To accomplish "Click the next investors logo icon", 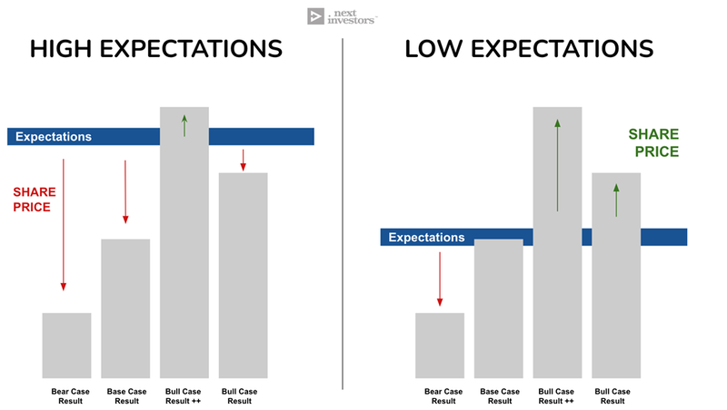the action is click(315, 16).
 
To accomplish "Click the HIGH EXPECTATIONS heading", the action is click(156, 49).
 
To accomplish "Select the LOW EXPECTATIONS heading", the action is click(529, 49).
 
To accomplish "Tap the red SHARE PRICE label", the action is click(35, 200).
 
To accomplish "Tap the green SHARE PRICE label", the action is click(653, 142).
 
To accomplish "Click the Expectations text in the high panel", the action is click(54, 136).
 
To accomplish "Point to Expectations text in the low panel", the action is click(426, 238).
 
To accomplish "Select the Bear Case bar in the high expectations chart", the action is click(66, 346).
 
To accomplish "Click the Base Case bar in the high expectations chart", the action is click(125, 308).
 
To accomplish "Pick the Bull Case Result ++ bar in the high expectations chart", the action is click(184, 242).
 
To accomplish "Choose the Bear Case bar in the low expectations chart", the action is click(440, 346).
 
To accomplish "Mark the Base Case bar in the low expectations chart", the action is click(498, 308).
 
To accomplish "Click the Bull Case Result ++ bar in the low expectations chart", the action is click(557, 242).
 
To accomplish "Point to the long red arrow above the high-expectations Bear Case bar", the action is click(64, 225).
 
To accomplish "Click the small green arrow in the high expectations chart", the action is click(184, 125).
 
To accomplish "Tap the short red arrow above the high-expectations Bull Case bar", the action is click(243, 161).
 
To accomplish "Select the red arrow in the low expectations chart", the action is click(440, 279).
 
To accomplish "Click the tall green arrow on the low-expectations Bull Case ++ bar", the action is click(557, 165).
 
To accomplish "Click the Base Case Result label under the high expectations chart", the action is click(126, 396).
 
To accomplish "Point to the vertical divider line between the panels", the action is click(343, 214).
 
